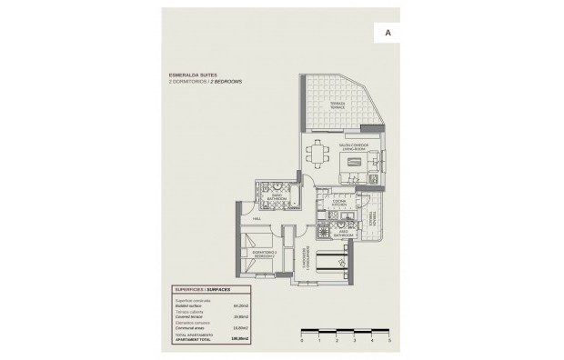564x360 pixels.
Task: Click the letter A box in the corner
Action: coord(389,32)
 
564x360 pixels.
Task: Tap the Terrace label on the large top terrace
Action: coord(337,105)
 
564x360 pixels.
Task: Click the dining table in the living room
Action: coord(318,154)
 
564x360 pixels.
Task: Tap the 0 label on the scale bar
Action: coord(301,340)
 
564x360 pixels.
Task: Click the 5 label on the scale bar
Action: coord(388,340)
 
